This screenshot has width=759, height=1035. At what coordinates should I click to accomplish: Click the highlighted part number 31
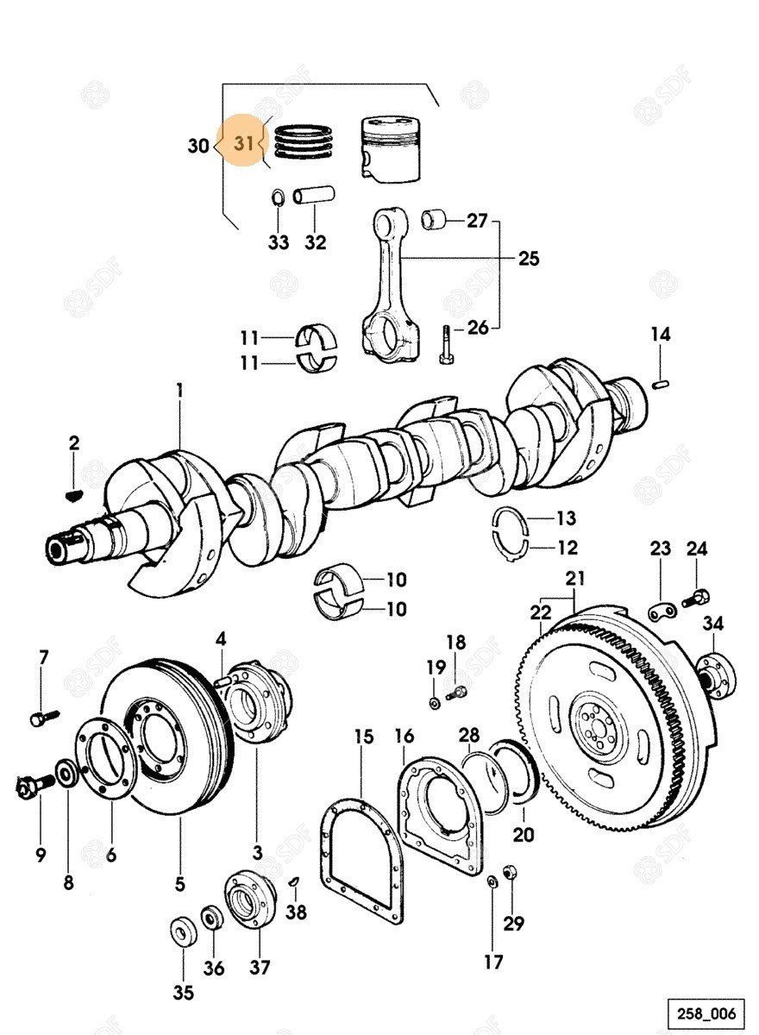click(245, 145)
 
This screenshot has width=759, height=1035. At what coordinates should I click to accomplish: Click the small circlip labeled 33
click(278, 198)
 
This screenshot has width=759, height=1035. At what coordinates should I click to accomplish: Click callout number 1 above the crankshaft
click(179, 391)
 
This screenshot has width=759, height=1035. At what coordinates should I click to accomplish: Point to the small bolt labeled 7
click(41, 716)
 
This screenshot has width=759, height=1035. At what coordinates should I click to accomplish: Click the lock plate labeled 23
click(661, 611)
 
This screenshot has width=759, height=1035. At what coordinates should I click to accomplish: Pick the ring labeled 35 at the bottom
click(183, 932)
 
